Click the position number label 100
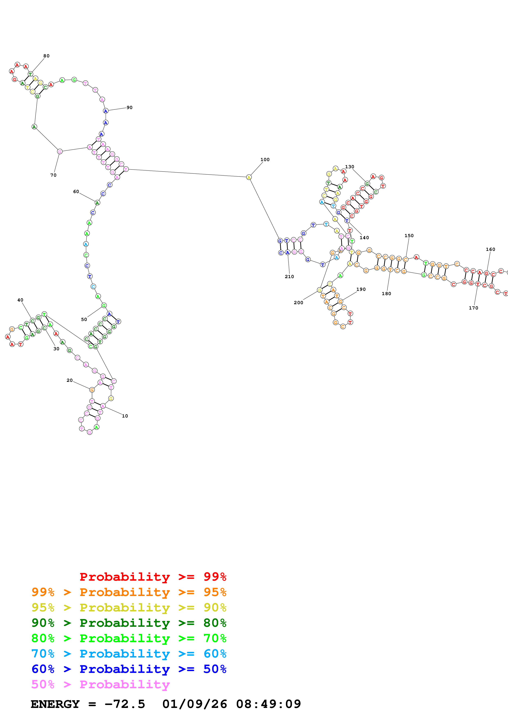265,160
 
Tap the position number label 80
46,56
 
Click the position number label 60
76,192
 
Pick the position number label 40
20,300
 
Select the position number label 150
409,236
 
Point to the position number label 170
473,308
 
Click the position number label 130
350,167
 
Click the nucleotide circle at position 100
249,177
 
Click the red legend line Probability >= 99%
153,577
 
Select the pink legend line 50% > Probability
100,685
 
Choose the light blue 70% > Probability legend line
129,654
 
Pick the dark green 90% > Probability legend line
129,623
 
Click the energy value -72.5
125,704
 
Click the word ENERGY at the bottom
55,704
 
